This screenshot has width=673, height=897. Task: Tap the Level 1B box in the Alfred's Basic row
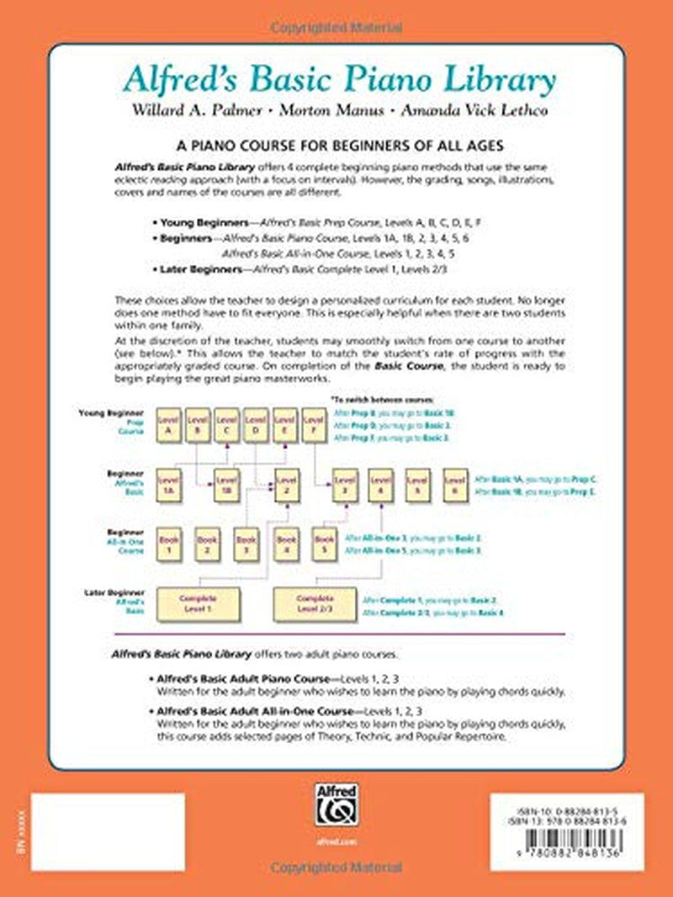(x=223, y=485)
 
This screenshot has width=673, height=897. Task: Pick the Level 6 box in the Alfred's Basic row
(x=454, y=485)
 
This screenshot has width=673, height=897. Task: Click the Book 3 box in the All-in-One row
(x=246, y=544)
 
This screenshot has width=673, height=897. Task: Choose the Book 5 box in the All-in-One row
(x=324, y=544)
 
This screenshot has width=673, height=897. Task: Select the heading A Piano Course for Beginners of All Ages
(x=336, y=145)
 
